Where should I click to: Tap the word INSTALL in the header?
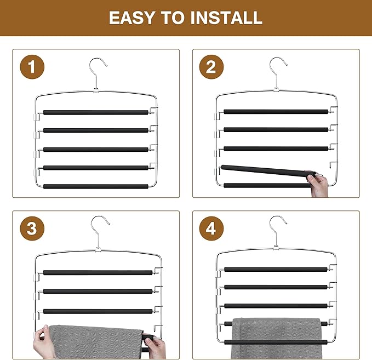point(226,18)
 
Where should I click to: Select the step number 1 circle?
point(32,67)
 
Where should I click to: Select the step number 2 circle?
point(211,67)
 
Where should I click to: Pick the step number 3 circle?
point(32,228)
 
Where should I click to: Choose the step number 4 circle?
point(211,228)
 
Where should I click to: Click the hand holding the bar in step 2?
point(317,184)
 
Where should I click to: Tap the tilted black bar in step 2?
point(266,170)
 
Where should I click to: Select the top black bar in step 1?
point(96,112)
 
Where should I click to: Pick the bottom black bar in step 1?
point(96,186)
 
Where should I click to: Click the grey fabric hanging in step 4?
point(276,338)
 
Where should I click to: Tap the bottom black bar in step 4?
point(276,342)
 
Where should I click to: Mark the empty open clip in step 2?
point(333,164)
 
